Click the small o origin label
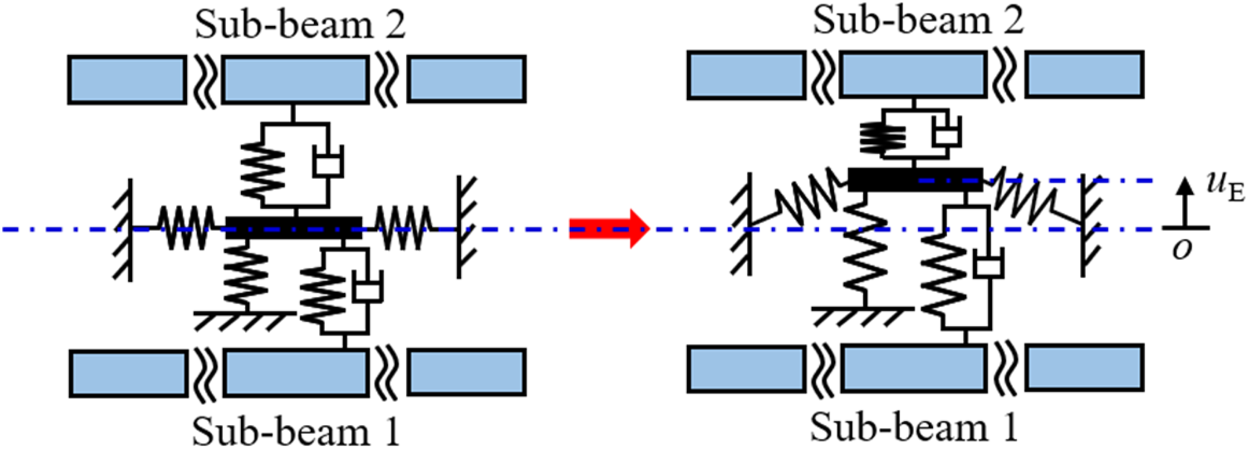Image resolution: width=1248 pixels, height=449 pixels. (x=1182, y=249)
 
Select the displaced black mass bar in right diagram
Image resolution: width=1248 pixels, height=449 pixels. (x=915, y=179)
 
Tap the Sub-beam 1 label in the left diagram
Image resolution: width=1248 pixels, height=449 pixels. (x=296, y=432)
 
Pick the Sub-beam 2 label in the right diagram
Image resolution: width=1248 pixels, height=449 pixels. (x=919, y=21)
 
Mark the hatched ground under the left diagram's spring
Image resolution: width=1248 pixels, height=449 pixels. (x=245, y=320)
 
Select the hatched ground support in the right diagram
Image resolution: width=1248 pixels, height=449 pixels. (x=863, y=316)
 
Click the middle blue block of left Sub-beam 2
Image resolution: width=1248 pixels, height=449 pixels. (x=294, y=79)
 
